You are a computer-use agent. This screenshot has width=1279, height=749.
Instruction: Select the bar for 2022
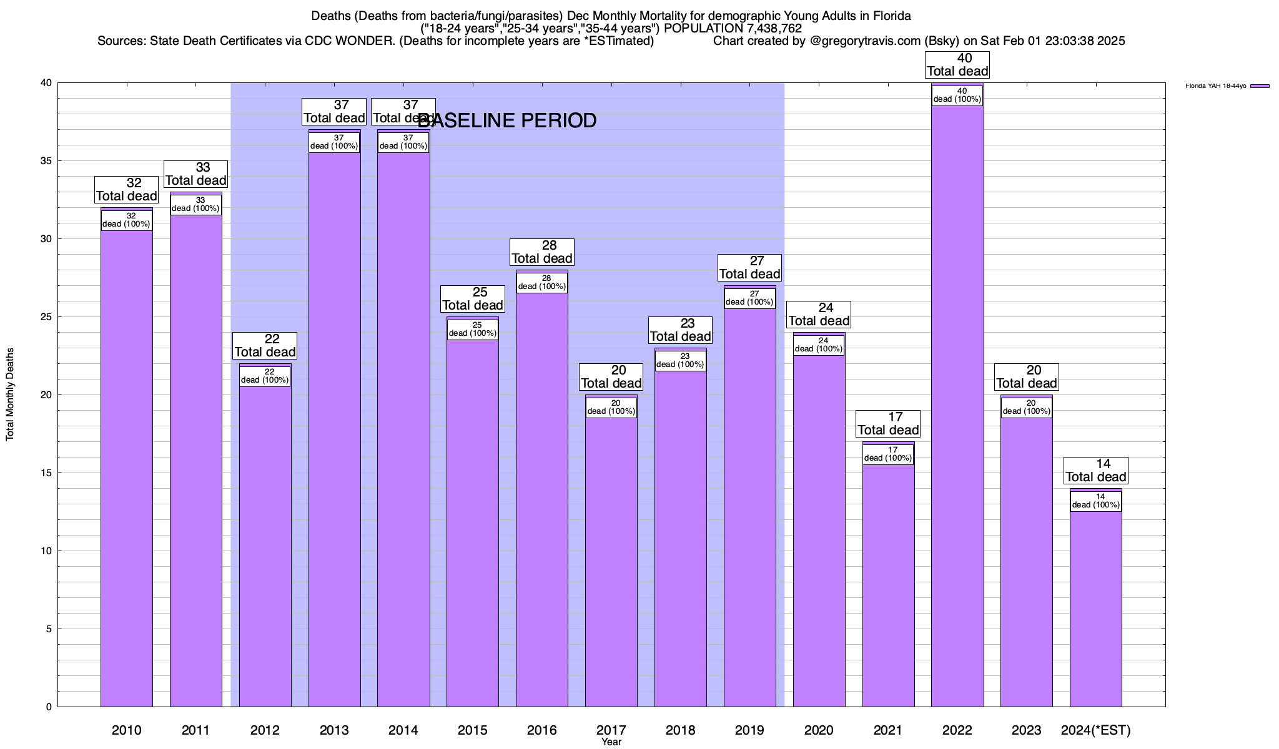pyautogui.click(x=957, y=406)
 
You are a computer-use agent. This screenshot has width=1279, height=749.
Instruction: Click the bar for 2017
pyautogui.click(x=611, y=562)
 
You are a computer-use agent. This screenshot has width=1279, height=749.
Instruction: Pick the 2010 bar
pyautogui.click(x=126, y=468)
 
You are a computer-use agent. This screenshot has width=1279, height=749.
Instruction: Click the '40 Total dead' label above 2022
pyautogui.click(x=957, y=65)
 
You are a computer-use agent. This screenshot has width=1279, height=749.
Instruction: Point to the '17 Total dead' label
pyautogui.click(x=887, y=424)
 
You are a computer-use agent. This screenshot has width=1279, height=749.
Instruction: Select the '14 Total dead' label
pyautogui.click(x=1095, y=471)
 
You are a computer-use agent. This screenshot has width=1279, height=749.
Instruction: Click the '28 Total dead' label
pyautogui.click(x=541, y=252)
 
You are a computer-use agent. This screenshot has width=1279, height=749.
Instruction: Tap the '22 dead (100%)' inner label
pyautogui.click(x=265, y=376)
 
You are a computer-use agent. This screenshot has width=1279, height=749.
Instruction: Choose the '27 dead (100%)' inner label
pyautogui.click(x=749, y=298)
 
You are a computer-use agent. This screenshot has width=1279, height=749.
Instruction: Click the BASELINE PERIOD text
pyautogui.click(x=506, y=120)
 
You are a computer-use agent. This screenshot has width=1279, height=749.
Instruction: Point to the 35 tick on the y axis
pyautogui.click(x=47, y=161)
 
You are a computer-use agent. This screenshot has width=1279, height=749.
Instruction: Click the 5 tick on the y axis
pyautogui.click(x=49, y=629)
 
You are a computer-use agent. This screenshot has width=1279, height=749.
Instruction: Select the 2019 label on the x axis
pyautogui.click(x=749, y=730)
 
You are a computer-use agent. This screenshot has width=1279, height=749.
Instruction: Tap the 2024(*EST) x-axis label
pyautogui.click(x=1095, y=730)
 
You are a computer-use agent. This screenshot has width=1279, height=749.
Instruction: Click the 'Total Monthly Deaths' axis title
pyautogui.click(x=10, y=394)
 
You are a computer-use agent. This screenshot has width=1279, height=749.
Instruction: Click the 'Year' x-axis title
pyautogui.click(x=611, y=742)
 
